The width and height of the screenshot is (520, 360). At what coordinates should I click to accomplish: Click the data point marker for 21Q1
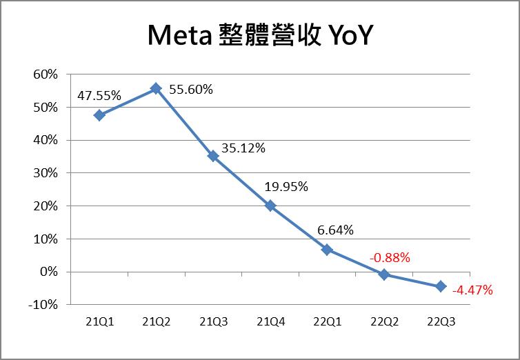pos(99,115)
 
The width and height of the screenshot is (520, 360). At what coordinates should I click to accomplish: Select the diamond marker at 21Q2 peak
pos(156,88)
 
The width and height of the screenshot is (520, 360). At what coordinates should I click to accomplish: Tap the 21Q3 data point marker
pos(213,156)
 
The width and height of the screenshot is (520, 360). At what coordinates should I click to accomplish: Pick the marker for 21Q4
pos(270,206)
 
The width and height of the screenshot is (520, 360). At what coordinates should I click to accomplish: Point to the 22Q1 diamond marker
pos(327,250)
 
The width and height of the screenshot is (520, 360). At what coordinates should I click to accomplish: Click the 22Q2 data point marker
pos(384,274)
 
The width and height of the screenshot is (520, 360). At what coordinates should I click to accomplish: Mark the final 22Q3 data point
pos(441,286)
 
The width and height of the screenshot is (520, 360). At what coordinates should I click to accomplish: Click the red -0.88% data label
pos(390,258)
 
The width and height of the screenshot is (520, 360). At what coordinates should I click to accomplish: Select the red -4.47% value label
pos(472,290)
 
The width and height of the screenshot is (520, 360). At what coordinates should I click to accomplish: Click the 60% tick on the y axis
pos(46,74)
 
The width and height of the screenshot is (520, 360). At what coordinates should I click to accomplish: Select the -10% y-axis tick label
pos(43,304)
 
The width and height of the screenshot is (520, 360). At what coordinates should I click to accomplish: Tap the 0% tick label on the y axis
pos(49,271)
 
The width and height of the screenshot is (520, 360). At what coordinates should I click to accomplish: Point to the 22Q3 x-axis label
pos(441,321)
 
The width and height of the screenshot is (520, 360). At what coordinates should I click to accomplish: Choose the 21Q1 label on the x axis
pos(99,321)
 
